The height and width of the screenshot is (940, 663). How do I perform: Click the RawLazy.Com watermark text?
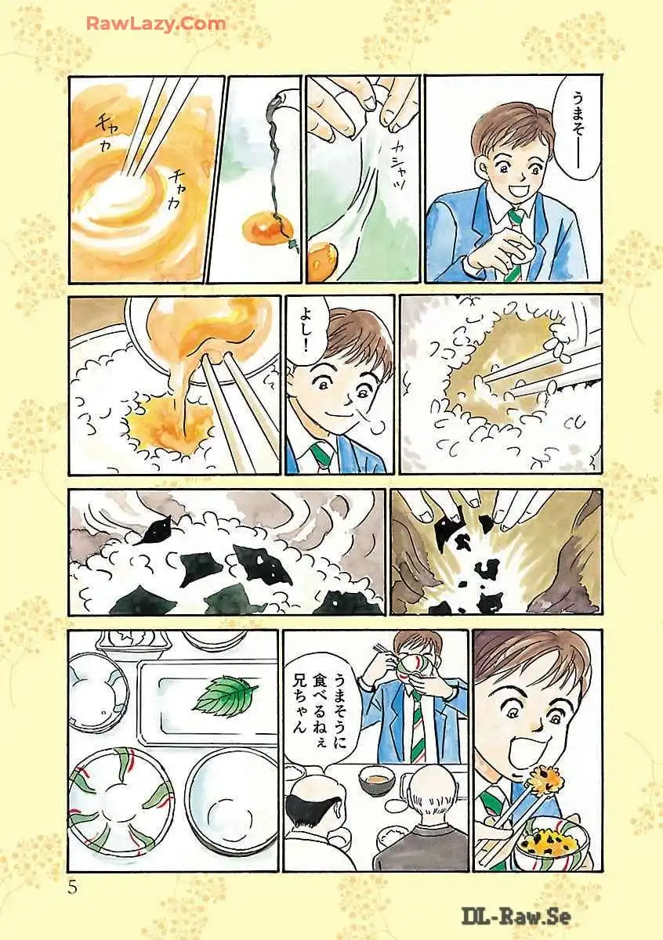pyautogui.click(x=156, y=24)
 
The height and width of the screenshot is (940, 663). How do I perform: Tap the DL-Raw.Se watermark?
pyautogui.click(x=516, y=916)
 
